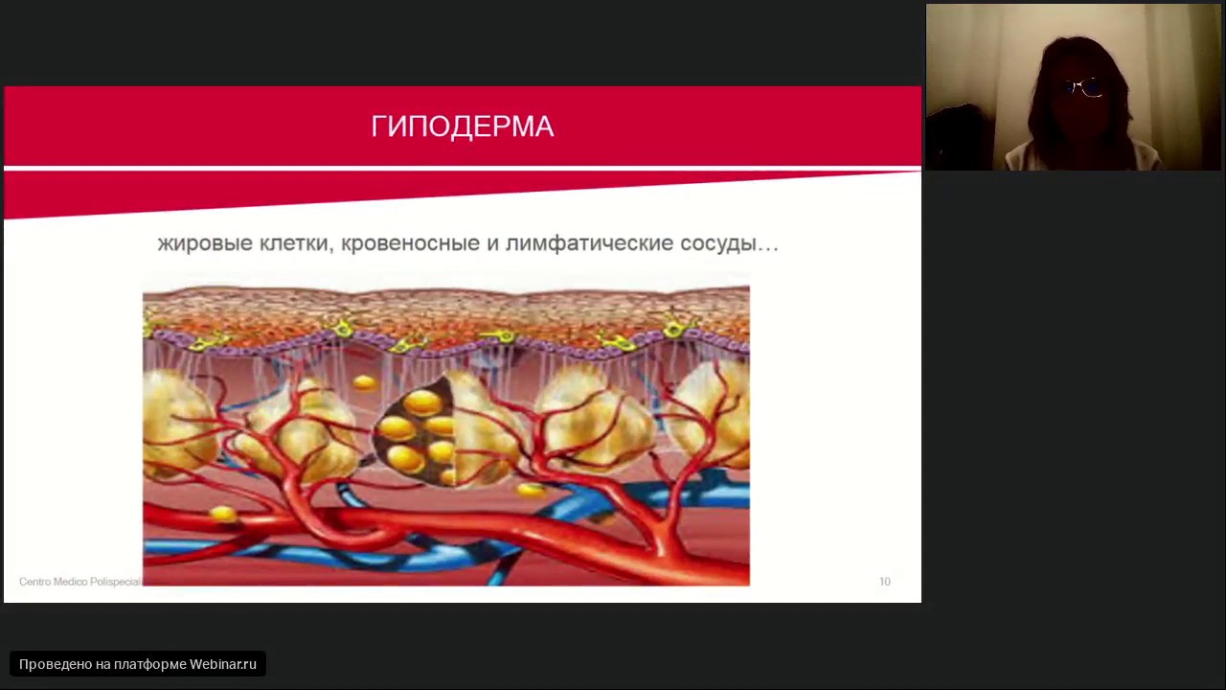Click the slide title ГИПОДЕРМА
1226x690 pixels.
click(463, 126)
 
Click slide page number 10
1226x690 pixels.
click(884, 582)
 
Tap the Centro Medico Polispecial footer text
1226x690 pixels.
click(79, 582)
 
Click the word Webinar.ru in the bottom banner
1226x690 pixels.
click(223, 664)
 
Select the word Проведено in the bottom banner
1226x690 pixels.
click(56, 664)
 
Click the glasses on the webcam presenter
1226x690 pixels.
click(1082, 89)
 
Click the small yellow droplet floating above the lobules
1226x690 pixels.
click(364, 383)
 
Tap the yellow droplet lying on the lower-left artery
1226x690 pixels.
click(223, 515)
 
